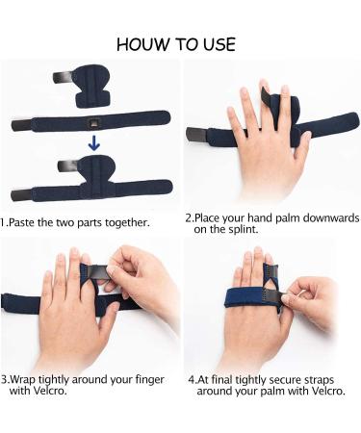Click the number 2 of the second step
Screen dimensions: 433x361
pos(189,217)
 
